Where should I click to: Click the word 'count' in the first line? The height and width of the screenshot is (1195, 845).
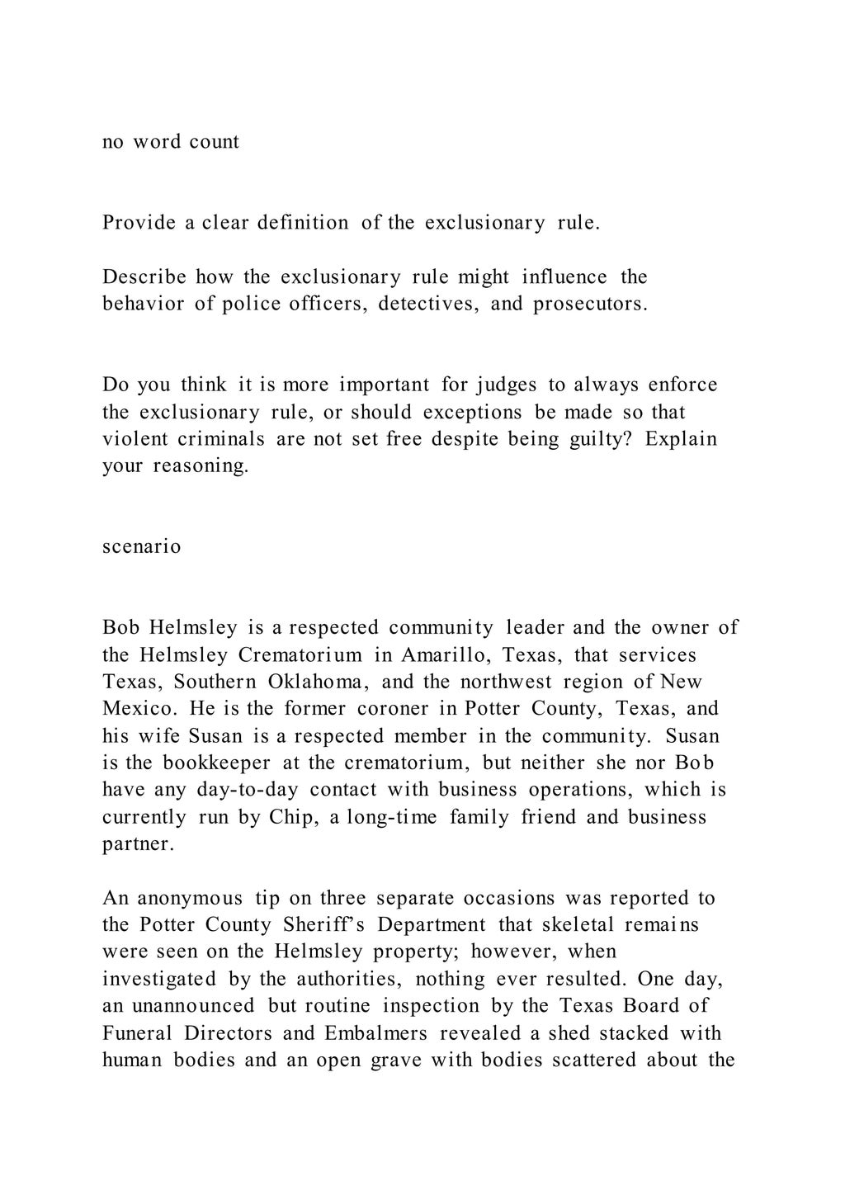215,142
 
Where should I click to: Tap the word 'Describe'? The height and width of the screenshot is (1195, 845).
144,276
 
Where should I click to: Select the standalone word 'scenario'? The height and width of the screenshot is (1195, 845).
141,546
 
